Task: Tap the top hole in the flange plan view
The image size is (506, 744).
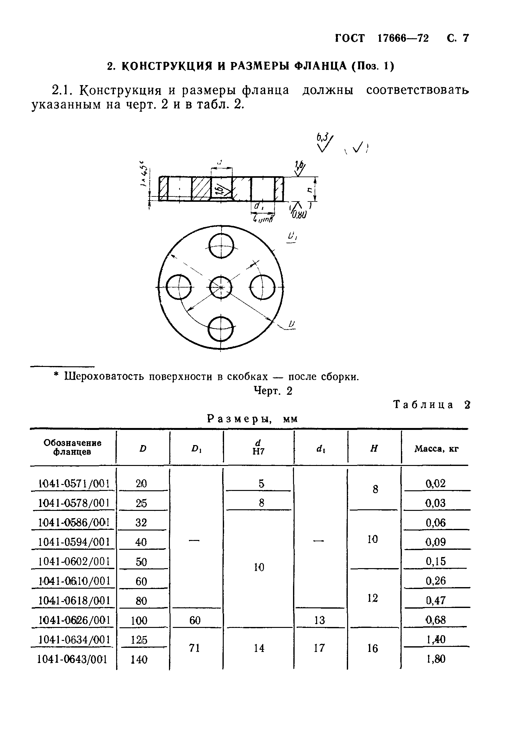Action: tap(221, 246)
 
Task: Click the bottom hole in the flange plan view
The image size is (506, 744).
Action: tap(221, 328)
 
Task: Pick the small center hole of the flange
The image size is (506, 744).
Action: tap(221, 287)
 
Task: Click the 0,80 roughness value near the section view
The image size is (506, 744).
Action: tap(299, 214)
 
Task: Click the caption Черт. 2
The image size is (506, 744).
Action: tap(273, 391)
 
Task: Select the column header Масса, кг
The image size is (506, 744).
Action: tap(436, 449)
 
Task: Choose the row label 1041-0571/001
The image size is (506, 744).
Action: tap(74, 483)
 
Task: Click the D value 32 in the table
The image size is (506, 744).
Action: tap(141, 523)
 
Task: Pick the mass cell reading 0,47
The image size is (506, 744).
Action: tap(436, 600)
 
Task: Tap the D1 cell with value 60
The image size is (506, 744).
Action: tap(195, 620)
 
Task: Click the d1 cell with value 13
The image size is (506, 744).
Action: tap(319, 620)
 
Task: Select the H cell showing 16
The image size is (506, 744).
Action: tap(373, 648)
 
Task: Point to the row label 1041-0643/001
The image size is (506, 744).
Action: tap(72, 659)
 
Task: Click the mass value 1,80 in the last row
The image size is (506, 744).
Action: tap(436, 659)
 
